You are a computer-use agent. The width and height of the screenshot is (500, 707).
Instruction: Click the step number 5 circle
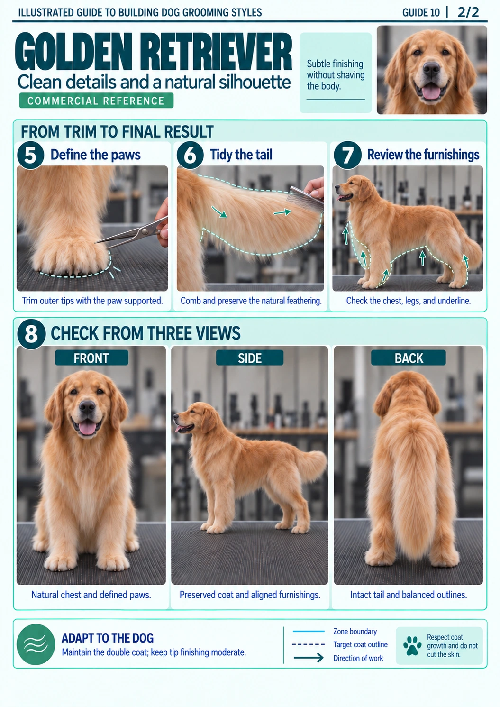tap(31, 155)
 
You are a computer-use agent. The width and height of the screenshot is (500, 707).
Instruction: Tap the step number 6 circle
tap(190, 155)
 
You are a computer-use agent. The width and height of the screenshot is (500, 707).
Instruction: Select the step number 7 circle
tap(348, 155)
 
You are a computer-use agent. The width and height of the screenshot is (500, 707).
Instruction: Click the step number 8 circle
tap(31, 334)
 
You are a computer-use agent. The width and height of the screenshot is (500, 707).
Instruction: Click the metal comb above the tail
tap(304, 199)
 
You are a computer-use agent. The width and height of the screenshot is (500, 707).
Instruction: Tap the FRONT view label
tap(91, 358)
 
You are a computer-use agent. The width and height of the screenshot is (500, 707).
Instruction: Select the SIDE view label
tap(250, 358)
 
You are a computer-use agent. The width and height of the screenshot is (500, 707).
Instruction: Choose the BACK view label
tap(409, 358)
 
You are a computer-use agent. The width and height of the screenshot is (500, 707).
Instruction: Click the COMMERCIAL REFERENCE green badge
tap(96, 101)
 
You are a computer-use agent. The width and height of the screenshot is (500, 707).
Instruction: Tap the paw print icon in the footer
tap(412, 646)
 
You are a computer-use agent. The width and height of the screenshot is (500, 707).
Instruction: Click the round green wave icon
tap(36, 644)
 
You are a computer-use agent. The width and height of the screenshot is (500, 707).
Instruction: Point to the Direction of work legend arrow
tap(308, 658)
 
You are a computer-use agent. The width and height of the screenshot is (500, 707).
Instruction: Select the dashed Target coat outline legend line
tap(308, 644)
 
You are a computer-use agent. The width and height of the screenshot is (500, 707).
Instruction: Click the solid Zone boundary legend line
tap(309, 631)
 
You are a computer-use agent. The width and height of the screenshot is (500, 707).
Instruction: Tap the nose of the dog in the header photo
tap(431, 69)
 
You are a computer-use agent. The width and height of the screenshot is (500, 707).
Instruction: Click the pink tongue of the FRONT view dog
tap(87, 429)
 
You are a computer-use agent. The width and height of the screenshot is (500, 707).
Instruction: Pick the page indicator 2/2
tap(468, 12)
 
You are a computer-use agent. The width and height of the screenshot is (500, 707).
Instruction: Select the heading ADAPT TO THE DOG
tap(108, 638)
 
